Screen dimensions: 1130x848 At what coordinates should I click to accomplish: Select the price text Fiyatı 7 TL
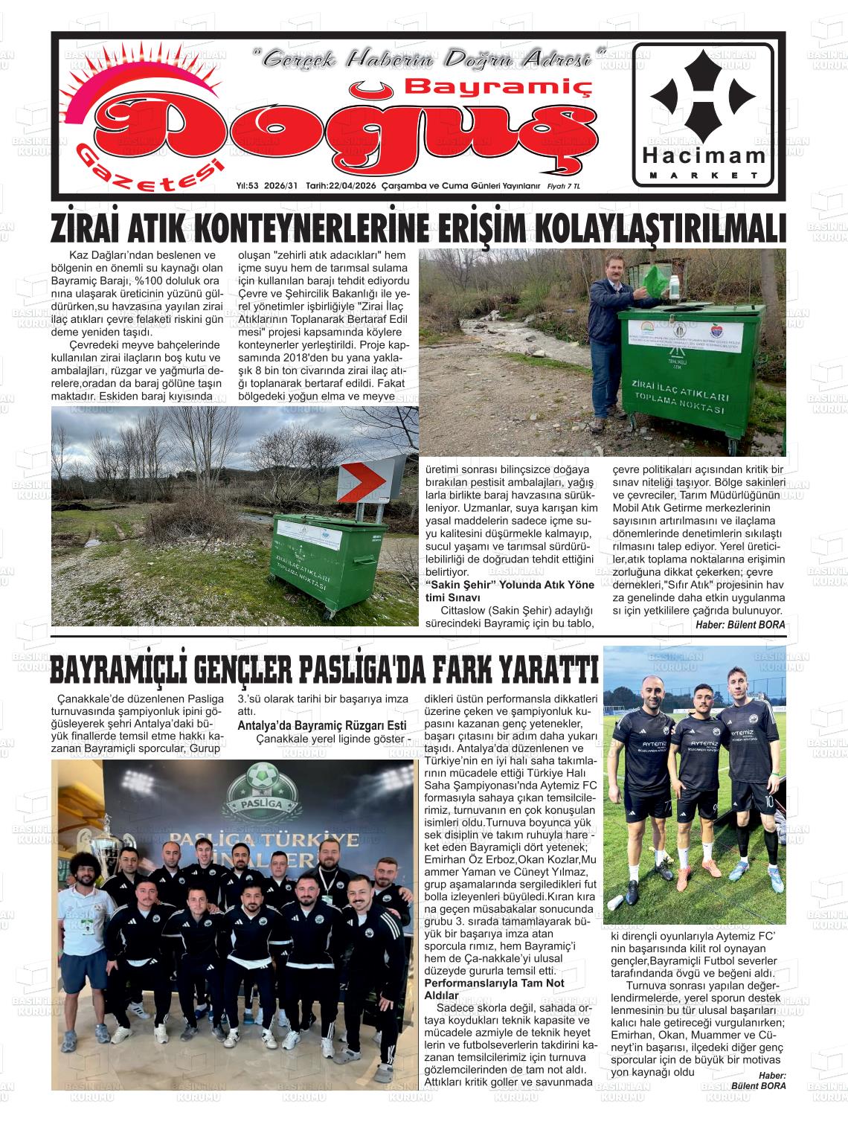[565, 186]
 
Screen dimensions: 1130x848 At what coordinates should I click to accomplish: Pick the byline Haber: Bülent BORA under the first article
[739, 625]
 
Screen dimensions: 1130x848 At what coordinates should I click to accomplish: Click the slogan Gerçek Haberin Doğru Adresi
[430, 58]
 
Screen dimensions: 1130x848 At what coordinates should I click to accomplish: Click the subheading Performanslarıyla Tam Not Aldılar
[493, 989]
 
